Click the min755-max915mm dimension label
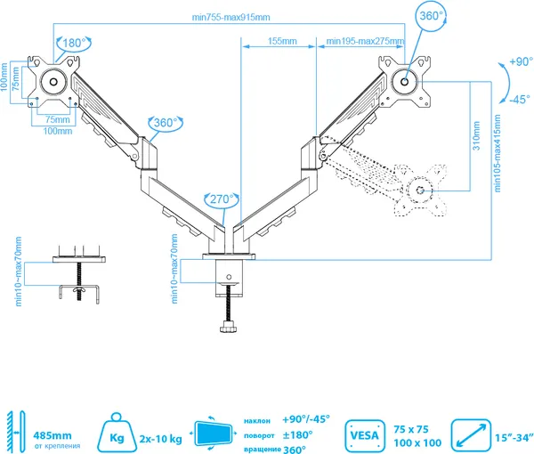point(231,17)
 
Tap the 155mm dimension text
point(282,41)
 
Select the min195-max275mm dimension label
point(365,41)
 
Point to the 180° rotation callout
point(73,44)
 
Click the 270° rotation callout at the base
point(222,199)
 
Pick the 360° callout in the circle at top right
point(431,16)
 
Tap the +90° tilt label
point(521,61)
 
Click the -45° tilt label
point(520,99)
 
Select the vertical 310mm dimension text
point(476,135)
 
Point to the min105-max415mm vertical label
point(498,153)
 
